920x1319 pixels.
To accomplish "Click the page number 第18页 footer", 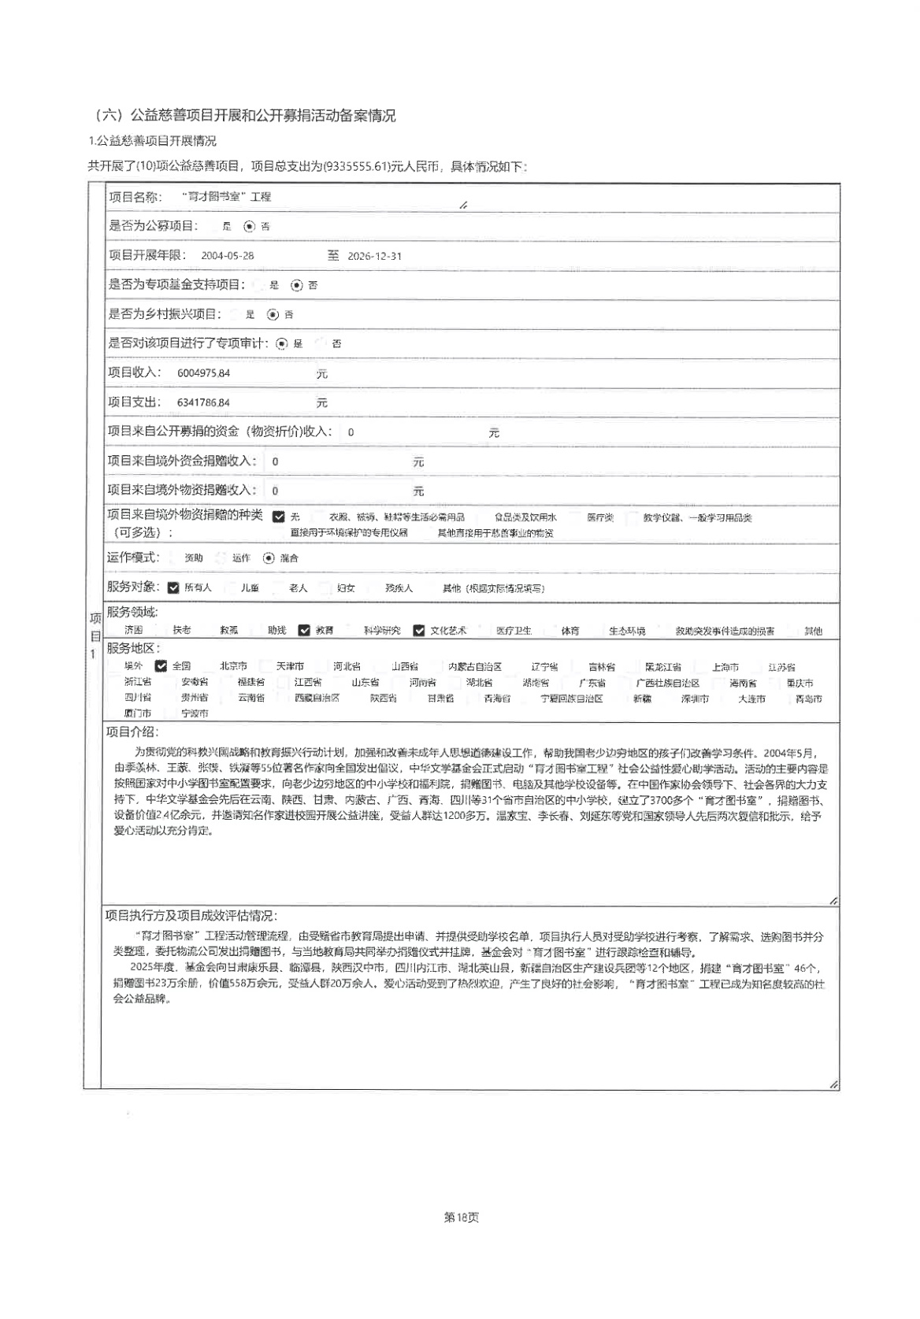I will click(x=461, y=1217).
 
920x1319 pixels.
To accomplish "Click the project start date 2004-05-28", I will click(x=228, y=256).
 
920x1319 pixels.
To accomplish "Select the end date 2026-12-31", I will click(x=374, y=256).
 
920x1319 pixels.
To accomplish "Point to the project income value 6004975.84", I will click(x=203, y=373).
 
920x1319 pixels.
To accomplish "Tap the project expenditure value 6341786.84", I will click(x=203, y=402).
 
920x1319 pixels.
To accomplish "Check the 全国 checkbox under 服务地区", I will click(x=161, y=666).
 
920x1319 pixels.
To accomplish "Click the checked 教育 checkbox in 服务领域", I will click(x=304, y=630).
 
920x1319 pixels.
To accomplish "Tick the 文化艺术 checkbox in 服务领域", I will click(x=419, y=630).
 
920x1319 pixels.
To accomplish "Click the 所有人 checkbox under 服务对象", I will click(x=174, y=587).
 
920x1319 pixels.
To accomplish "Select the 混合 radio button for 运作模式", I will click(x=269, y=558).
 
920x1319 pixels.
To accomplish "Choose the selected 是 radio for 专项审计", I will click(x=282, y=343).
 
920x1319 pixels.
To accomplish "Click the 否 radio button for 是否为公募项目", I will click(x=250, y=227).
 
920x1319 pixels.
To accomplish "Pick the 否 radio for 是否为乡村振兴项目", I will click(x=273, y=314).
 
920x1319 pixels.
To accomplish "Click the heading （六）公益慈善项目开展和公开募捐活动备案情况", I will click(x=244, y=116).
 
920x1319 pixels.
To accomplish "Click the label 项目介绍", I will click(x=132, y=732).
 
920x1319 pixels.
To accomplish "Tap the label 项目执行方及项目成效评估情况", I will click(x=191, y=916).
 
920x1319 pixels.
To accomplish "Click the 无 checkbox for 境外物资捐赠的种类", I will click(x=279, y=517).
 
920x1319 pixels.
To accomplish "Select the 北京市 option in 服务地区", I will click(x=232, y=666).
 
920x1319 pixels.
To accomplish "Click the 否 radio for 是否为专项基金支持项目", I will click(x=297, y=285).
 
